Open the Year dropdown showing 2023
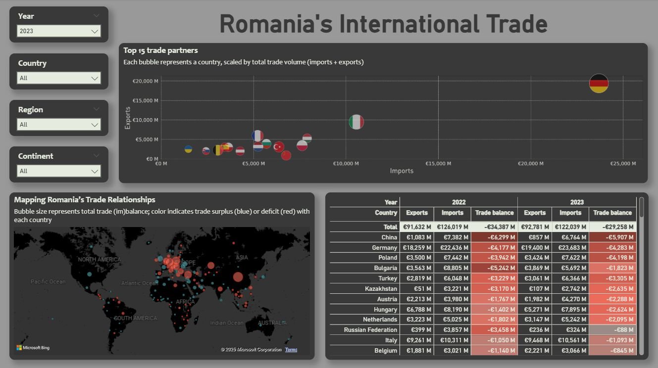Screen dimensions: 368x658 (59, 31)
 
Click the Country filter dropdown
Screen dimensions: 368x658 (59, 78)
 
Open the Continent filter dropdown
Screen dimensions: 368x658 (59, 171)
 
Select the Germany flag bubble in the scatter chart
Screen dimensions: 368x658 (599, 83)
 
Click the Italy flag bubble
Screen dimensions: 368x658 (356, 122)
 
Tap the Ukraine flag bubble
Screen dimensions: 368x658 (188, 149)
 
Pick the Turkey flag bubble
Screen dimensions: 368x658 (279, 146)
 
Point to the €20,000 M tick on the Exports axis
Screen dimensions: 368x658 (145, 81)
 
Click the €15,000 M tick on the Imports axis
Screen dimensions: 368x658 (438, 164)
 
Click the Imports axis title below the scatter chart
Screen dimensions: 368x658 (402, 171)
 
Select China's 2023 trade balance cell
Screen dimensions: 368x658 (612, 237)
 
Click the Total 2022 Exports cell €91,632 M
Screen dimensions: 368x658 (417, 227)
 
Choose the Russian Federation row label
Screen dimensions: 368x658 (370, 330)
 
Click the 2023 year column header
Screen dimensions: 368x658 (577, 202)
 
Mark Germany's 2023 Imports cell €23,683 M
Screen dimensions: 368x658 (570, 248)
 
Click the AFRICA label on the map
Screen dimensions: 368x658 (186, 302)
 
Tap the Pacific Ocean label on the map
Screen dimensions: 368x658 (48, 281)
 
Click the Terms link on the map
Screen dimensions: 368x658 (291, 350)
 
